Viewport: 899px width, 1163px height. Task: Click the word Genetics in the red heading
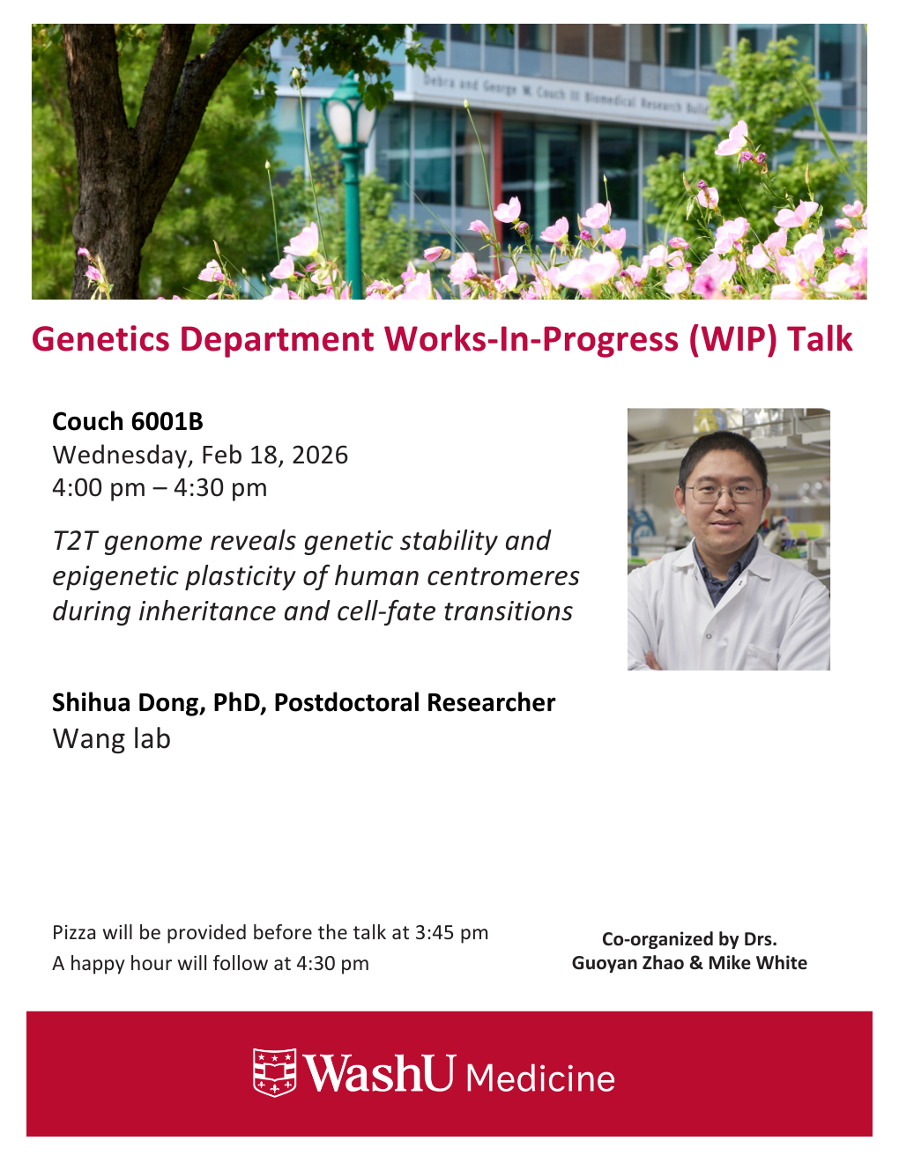tap(100, 339)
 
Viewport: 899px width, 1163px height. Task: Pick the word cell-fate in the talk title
tap(385, 611)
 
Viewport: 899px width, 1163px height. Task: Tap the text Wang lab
tap(111, 739)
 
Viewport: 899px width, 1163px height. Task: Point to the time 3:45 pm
tap(451, 933)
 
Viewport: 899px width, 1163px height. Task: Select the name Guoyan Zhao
tap(628, 963)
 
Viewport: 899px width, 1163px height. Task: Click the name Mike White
tap(757, 963)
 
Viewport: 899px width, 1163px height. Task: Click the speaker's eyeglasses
tap(724, 493)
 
